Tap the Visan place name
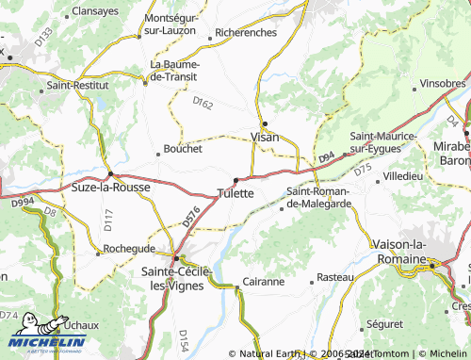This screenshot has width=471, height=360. tap(265, 138)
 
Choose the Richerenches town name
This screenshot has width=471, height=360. tap(245, 33)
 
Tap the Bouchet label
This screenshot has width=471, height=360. tap(183, 149)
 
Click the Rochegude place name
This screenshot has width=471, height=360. tap(129, 248)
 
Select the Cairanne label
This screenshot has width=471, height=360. tap(263, 281)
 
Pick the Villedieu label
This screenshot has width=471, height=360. tap(403, 176)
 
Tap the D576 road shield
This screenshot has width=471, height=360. tap(191, 217)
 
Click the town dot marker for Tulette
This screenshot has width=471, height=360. tap(235, 180)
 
